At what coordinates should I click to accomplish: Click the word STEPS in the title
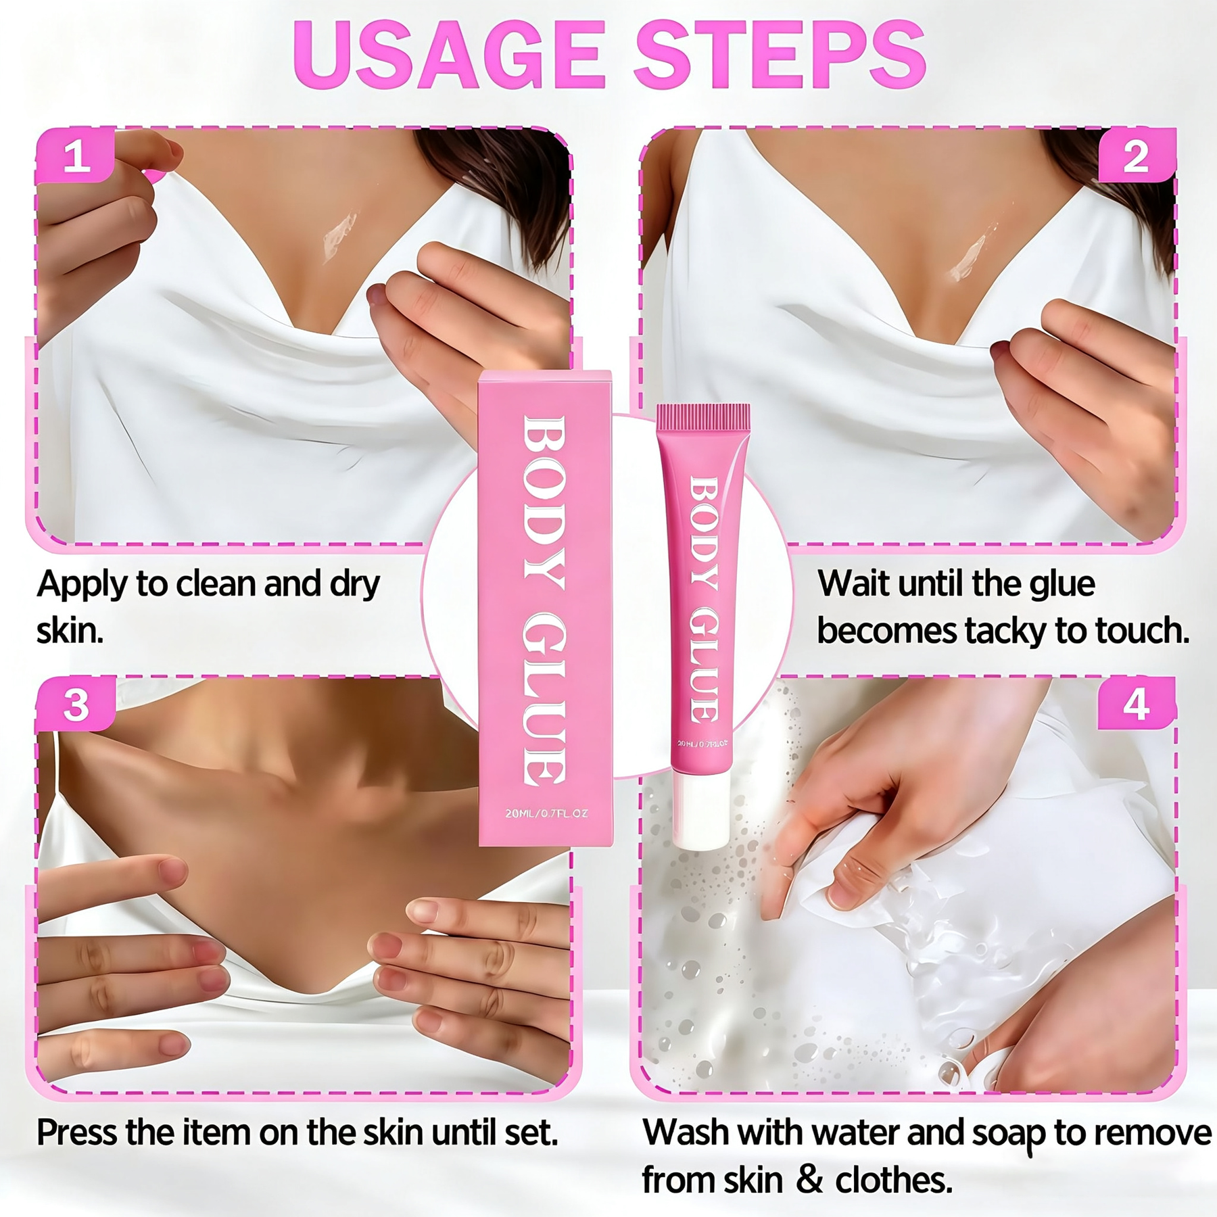click(x=780, y=55)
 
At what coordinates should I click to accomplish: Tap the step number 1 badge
click(x=75, y=156)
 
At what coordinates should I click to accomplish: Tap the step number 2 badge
click(x=1136, y=156)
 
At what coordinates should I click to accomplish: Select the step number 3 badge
click(x=75, y=705)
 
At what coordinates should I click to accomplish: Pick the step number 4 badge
click(x=1136, y=704)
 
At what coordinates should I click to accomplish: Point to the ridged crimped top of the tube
click(x=703, y=418)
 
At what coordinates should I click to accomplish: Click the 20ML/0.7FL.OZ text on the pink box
click(x=546, y=813)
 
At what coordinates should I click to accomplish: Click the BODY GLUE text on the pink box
click(x=545, y=601)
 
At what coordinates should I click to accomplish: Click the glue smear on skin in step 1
click(x=339, y=237)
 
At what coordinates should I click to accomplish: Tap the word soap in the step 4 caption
click(x=1007, y=1133)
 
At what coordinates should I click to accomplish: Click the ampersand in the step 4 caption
click(x=810, y=1180)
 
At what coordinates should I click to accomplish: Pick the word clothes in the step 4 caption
click(x=893, y=1180)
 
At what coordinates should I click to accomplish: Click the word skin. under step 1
click(x=70, y=631)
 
